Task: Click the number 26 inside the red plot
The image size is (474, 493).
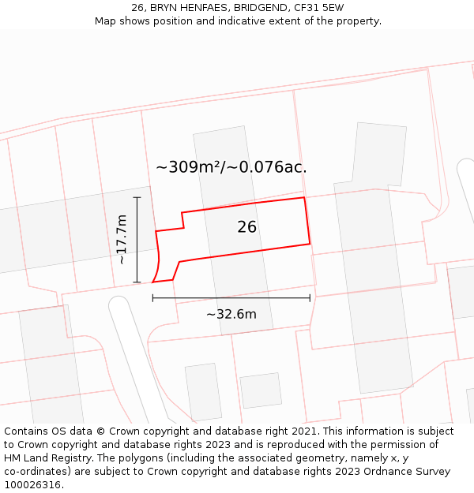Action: [246, 227]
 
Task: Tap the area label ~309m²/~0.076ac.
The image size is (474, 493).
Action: [231, 167]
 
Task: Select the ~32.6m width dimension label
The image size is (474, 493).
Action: [231, 314]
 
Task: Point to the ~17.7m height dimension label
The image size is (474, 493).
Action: [122, 239]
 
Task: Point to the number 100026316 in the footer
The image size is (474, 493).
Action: [32, 485]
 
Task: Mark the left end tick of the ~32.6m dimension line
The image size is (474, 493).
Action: [152, 297]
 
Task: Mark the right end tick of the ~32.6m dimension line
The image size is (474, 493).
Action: [310, 297]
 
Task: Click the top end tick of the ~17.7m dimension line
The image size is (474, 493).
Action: [137, 197]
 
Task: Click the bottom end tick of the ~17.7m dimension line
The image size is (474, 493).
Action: [137, 282]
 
